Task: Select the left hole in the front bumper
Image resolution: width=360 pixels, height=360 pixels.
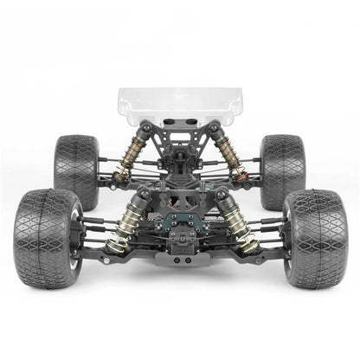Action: [176, 259]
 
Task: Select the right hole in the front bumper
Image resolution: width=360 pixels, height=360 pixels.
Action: [184, 259]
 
